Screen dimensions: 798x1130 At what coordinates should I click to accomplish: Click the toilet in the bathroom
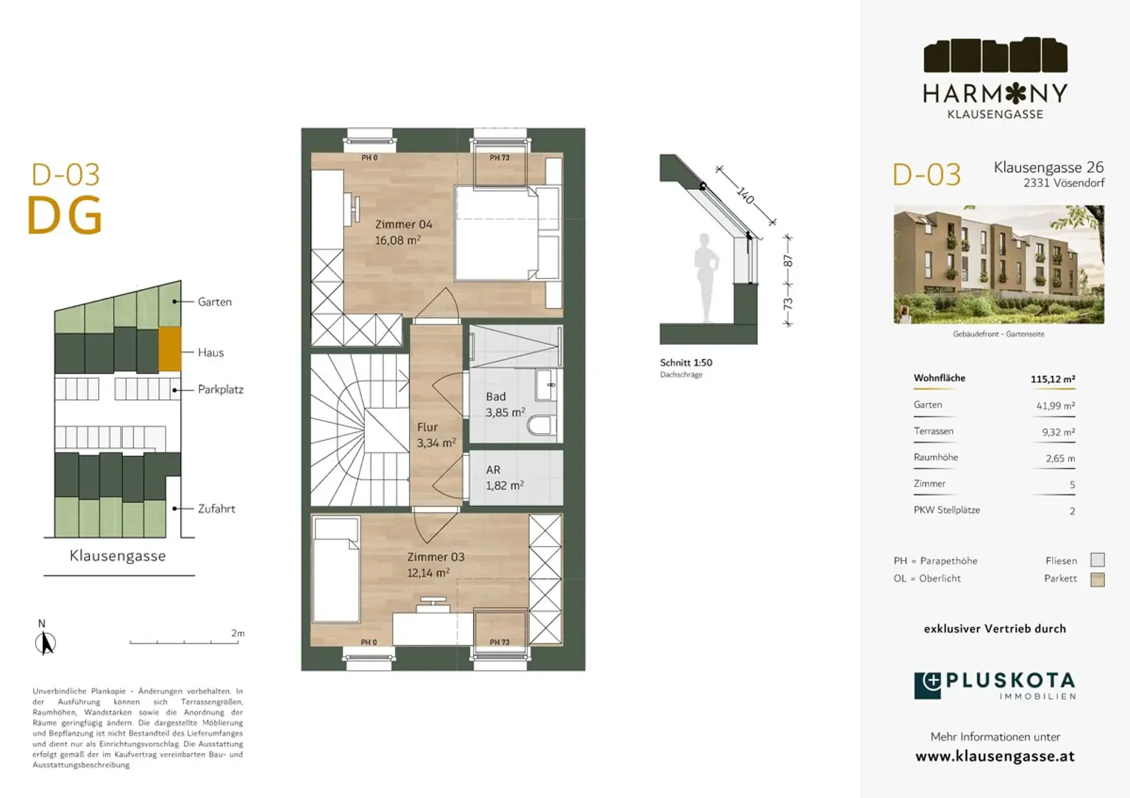point(544,426)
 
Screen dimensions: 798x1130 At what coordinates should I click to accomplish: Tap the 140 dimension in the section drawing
point(745,196)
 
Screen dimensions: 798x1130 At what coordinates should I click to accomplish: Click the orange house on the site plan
point(170,349)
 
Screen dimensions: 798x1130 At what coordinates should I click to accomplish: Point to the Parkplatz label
point(220,390)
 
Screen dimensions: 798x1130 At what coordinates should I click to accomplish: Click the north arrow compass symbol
point(45,644)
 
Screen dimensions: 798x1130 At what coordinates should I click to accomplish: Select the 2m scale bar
point(184,642)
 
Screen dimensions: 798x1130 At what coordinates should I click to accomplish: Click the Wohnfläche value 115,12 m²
point(1052,380)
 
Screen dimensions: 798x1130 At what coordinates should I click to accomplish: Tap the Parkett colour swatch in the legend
point(1097,580)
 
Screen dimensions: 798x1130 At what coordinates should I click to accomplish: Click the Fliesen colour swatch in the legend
point(1097,560)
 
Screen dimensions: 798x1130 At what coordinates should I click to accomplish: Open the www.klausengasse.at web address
point(995,756)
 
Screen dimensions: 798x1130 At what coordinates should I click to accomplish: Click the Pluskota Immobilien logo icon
point(928,685)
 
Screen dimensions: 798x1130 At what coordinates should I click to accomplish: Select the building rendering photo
point(998,265)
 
